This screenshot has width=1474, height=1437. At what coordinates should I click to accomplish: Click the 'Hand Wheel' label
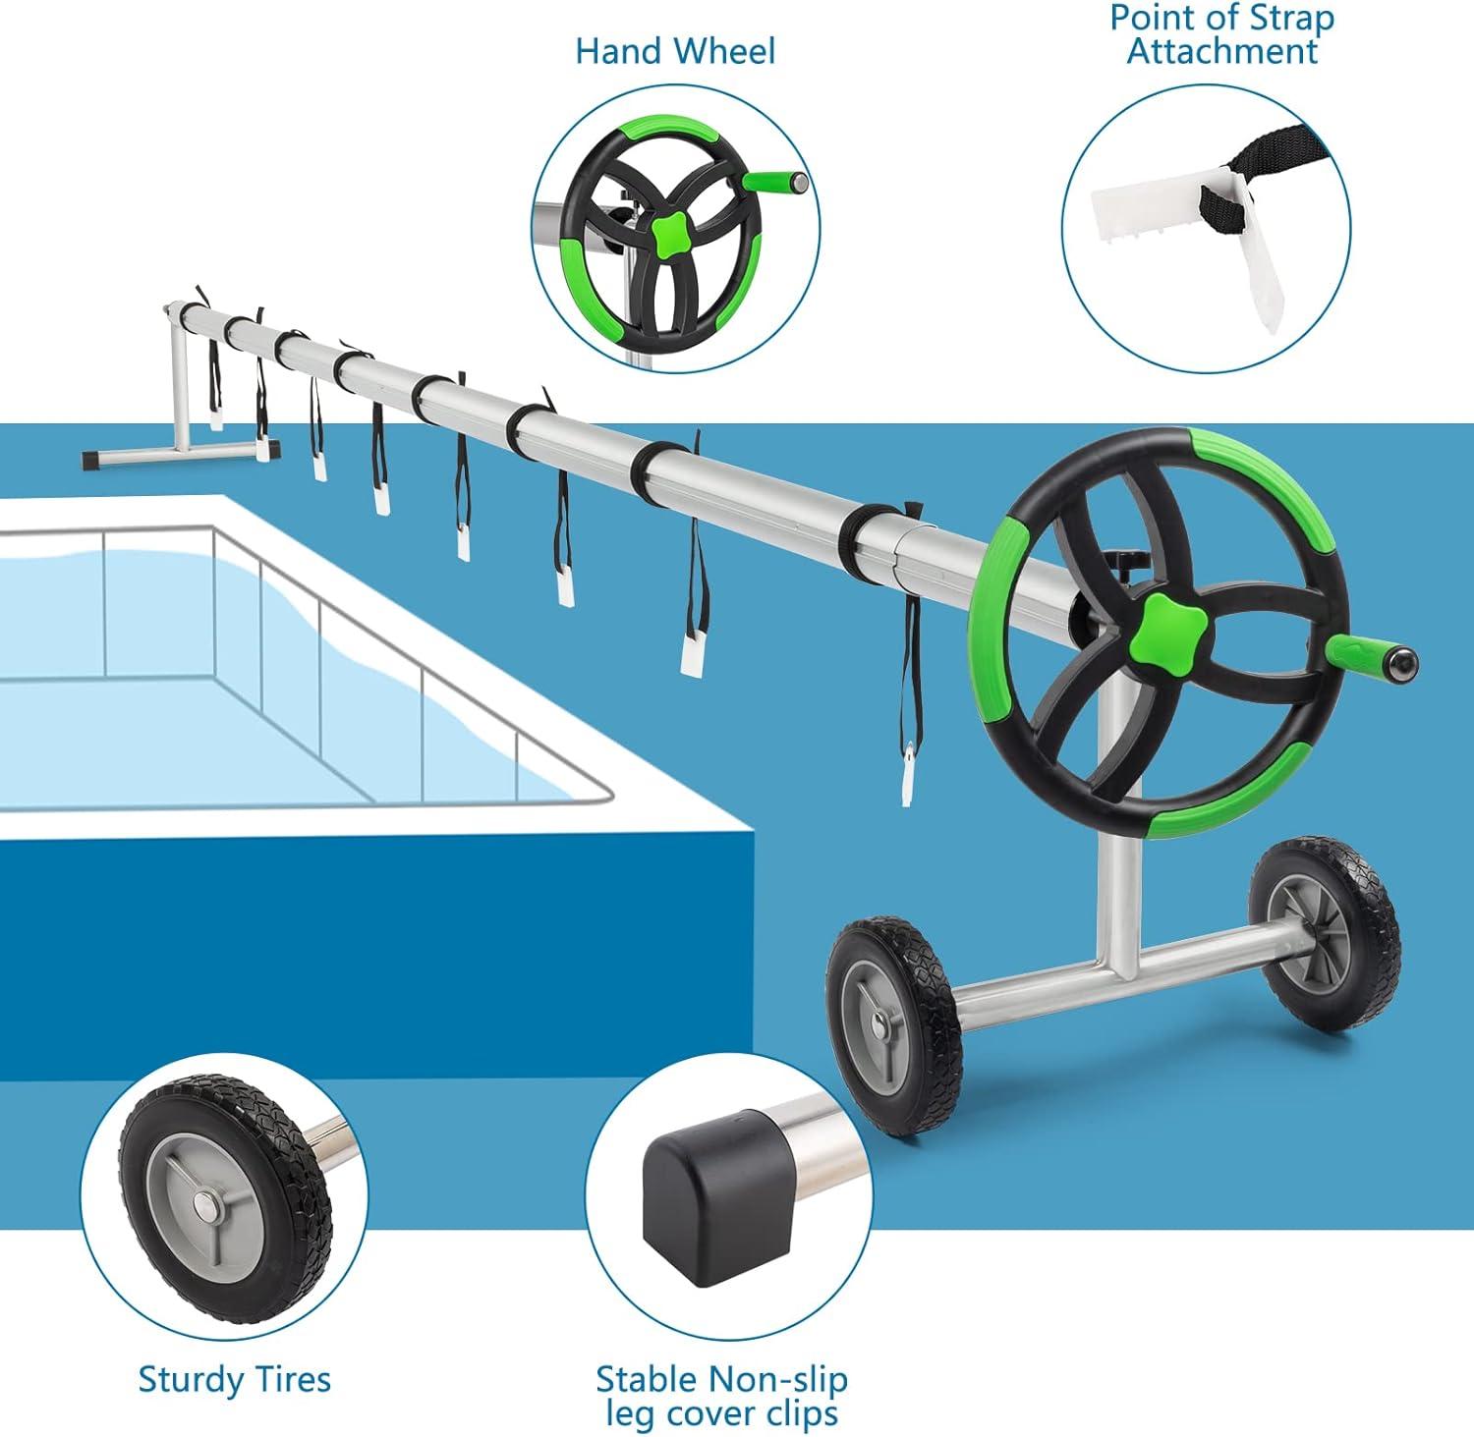[675, 50]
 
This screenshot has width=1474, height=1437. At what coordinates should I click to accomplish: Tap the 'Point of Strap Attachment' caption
[1221, 34]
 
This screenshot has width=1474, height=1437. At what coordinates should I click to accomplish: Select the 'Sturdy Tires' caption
[235, 1379]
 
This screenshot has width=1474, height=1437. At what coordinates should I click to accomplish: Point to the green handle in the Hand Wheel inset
[775, 182]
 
